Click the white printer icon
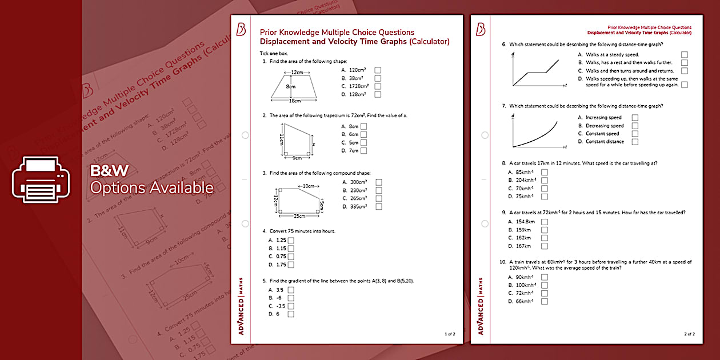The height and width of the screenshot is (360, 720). click(x=41, y=179)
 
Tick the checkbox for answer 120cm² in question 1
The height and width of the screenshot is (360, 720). click(x=378, y=70)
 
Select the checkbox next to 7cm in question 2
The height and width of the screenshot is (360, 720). click(x=364, y=151)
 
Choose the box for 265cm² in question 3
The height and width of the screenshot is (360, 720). click(x=378, y=198)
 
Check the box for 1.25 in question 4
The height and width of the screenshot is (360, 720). click(x=291, y=241)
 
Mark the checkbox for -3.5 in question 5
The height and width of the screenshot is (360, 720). click(x=291, y=306)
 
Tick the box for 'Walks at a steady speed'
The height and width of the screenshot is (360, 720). click(x=685, y=54)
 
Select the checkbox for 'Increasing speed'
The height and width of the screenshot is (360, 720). click(x=635, y=118)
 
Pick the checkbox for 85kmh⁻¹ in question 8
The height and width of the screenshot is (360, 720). click(x=545, y=172)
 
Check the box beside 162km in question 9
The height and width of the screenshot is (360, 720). click(x=545, y=238)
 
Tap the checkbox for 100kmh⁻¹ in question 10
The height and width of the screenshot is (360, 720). click(x=545, y=285)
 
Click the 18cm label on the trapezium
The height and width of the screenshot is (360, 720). click(x=295, y=101)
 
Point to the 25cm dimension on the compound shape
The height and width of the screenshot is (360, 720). click(x=298, y=217)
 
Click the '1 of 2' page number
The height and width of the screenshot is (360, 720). click(x=450, y=334)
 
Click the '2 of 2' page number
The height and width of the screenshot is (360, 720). click(x=689, y=334)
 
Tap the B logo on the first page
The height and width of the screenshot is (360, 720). click(x=241, y=30)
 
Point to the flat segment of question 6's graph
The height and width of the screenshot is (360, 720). click(x=535, y=73)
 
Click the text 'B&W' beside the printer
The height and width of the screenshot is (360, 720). click(x=110, y=170)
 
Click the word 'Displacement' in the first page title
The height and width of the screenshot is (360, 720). click(x=283, y=42)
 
